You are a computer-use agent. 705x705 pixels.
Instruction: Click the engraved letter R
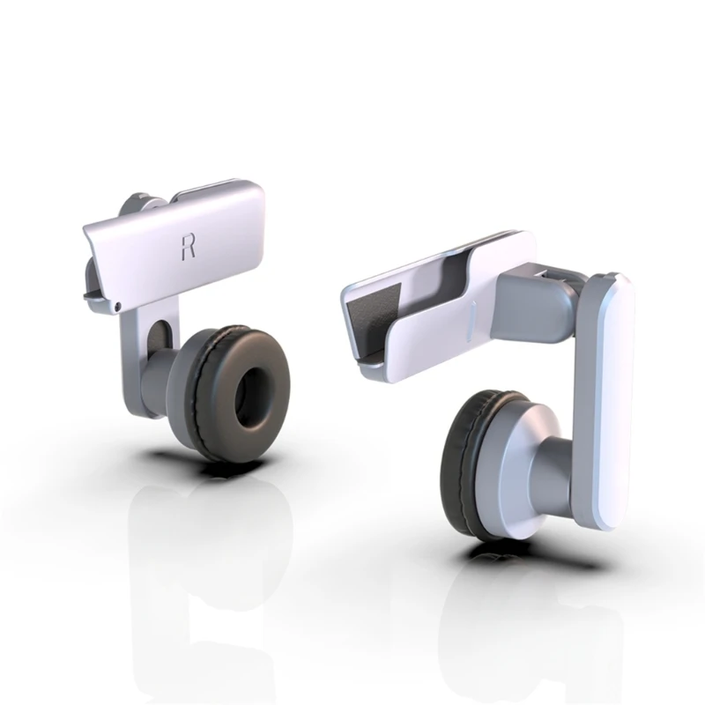[188, 246]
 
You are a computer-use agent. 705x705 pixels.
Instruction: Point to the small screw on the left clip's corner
[118, 304]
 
